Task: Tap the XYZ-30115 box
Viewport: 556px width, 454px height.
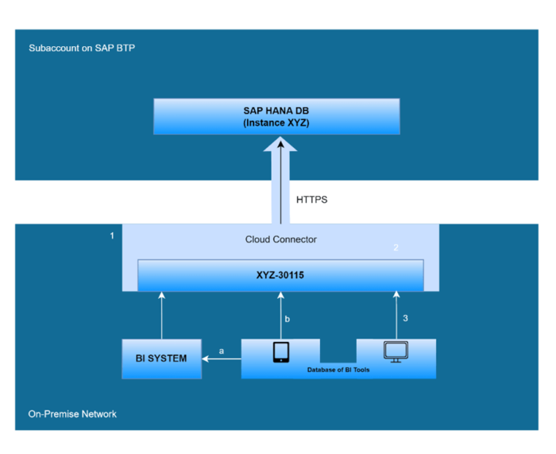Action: (279, 274)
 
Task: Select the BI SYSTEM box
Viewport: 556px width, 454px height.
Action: (161, 358)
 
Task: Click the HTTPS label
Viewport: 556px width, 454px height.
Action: (311, 200)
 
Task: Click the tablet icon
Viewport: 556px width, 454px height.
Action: (280, 352)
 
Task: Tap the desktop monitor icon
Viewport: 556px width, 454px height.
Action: (395, 351)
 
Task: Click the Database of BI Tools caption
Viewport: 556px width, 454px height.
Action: (338, 370)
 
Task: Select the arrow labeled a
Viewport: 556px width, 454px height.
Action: (222, 359)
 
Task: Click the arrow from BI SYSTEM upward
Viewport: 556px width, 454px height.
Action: (161, 316)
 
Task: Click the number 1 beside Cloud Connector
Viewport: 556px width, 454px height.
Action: (112, 236)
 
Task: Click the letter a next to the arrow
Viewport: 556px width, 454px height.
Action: (222, 349)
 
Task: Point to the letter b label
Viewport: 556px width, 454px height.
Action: (288, 318)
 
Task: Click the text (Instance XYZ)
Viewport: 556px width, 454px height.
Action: (276, 124)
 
